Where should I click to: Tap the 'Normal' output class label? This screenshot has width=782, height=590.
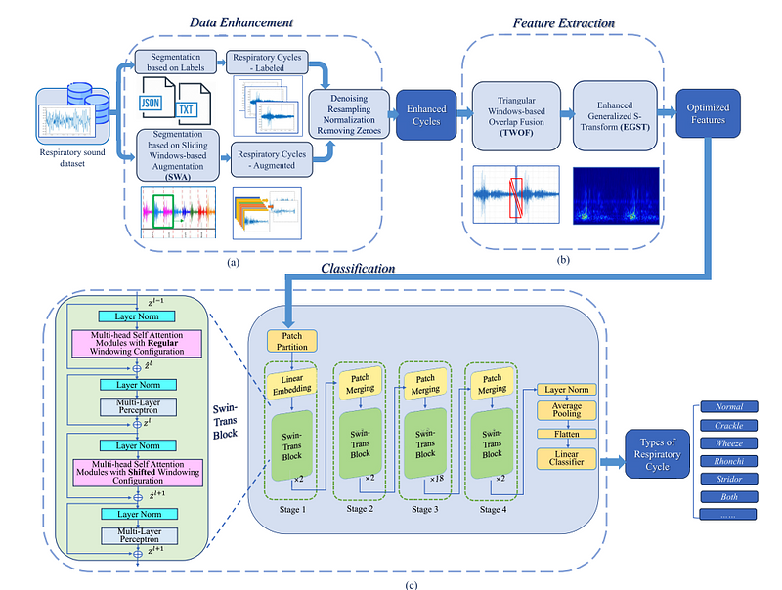(x=728, y=405)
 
